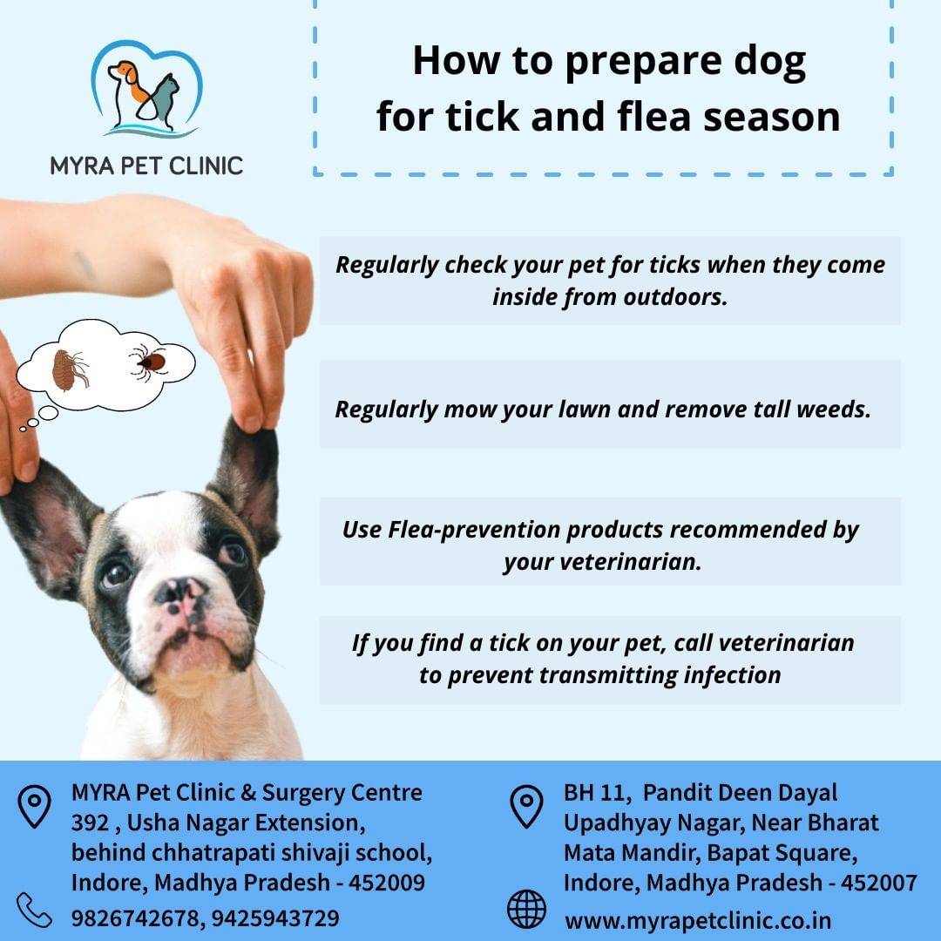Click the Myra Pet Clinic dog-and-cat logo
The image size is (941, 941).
point(146,89)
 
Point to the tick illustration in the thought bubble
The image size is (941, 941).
point(148,362)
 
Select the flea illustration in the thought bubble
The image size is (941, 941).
point(70,369)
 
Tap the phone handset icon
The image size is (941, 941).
point(34,911)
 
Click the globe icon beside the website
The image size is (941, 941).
point(526,909)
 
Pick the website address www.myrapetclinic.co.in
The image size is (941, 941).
point(698,921)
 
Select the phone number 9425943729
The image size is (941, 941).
point(275,918)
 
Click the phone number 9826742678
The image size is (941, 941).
point(135,918)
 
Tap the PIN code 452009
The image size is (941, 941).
point(387,883)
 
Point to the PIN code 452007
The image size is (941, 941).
point(878,883)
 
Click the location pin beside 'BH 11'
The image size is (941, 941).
point(526,807)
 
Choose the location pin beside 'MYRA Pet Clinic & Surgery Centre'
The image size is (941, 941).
point(34,807)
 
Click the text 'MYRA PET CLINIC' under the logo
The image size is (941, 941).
point(146,166)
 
